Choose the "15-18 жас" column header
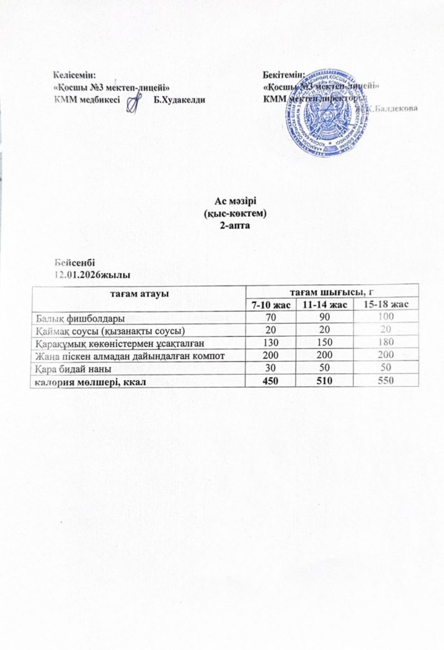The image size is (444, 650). [385, 304]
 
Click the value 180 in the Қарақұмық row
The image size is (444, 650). [385, 343]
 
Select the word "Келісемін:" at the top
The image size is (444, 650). [76, 76]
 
